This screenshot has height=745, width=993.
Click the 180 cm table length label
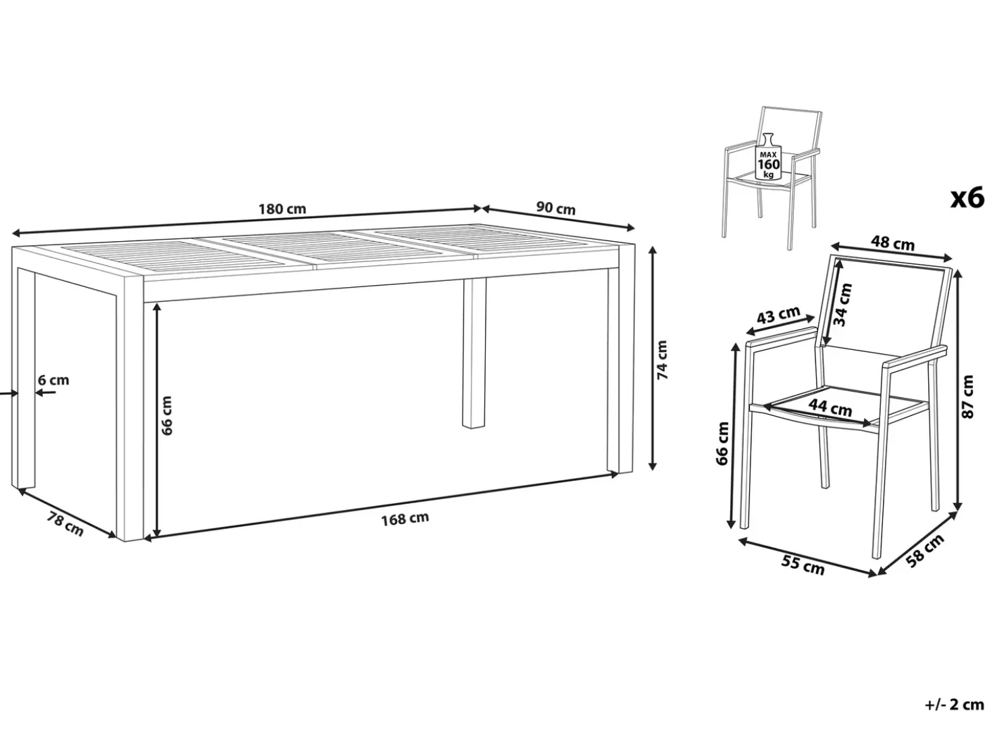tap(282, 209)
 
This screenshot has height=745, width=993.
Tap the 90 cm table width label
tap(556, 208)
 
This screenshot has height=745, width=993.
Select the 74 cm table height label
tap(661, 360)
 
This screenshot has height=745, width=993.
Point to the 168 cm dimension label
tap(405, 519)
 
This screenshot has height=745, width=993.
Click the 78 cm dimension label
tap(65, 524)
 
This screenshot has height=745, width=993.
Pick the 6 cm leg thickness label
tap(54, 380)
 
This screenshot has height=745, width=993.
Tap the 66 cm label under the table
tap(167, 415)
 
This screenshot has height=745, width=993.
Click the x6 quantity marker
tap(967, 199)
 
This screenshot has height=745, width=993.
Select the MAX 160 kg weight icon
tap(769, 156)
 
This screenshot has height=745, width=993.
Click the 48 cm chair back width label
tap(892, 244)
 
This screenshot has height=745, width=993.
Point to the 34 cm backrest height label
tap(843, 305)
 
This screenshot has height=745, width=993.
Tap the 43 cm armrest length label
tap(779, 315)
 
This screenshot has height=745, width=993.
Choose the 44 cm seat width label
tap(831, 407)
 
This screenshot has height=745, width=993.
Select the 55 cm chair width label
tap(803, 566)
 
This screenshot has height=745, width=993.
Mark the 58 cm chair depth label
tap(925, 550)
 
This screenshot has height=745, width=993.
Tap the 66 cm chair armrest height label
tap(722, 444)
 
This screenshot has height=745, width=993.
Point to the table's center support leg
tap(474, 353)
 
